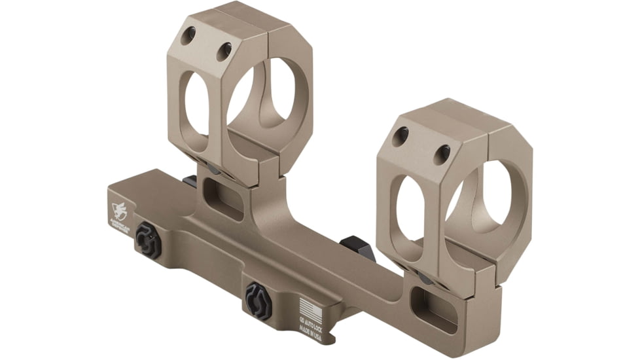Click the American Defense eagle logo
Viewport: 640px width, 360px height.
[x=120, y=210]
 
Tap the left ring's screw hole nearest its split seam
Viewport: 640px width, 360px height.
[x=224, y=50]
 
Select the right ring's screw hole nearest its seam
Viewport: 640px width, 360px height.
[x=443, y=153]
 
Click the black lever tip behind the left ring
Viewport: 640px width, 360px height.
[x=190, y=181]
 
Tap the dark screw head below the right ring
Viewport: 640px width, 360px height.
[x=423, y=278]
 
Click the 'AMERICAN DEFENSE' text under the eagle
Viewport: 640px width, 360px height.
[x=122, y=223]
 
